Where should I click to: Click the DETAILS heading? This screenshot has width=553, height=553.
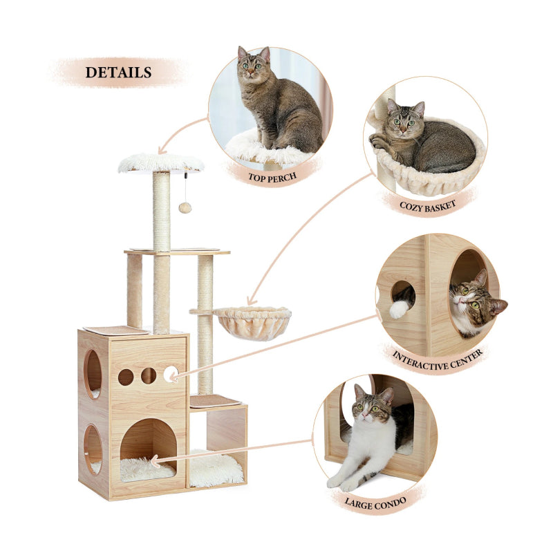click(x=118, y=72)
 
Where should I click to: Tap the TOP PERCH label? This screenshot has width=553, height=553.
click(x=273, y=176)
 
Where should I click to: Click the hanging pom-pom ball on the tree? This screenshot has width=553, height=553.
click(x=185, y=207)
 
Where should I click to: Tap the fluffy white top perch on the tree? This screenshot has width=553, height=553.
click(x=161, y=163)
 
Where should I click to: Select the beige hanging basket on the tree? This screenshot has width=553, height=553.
click(x=252, y=323)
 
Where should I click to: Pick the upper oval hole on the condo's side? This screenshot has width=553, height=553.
click(x=93, y=374)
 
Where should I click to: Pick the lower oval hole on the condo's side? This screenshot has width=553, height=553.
click(x=93, y=449)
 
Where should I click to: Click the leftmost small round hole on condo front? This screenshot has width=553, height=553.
click(x=126, y=377)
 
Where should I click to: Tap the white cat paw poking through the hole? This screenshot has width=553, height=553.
click(x=399, y=309)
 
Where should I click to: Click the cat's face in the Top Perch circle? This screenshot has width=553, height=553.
click(x=254, y=65)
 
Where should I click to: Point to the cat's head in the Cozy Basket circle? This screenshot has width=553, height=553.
click(x=405, y=118)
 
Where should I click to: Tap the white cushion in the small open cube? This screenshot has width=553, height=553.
click(x=216, y=468)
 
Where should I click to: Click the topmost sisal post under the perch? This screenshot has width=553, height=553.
click(x=162, y=211)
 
